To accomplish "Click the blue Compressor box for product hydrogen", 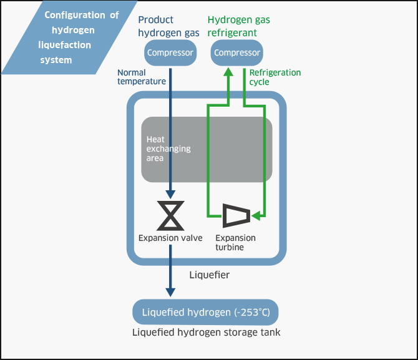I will pos(170,52).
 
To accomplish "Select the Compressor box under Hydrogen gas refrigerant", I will pos(236,52).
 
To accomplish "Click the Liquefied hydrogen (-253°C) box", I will pos(205,312).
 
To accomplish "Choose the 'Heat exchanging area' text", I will pos(168,149).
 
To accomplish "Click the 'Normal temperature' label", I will pos(142,77).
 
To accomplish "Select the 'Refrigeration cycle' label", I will pos(275,77).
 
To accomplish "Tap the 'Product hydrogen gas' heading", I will pos(168,26).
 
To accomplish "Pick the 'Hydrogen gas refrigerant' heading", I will pos(239,26).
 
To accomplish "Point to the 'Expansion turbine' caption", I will pos(235,243).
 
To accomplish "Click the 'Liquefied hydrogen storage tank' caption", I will pos(207,333).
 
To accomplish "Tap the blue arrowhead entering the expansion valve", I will pos(170,194).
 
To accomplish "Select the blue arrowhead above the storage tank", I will pos(170,291).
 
